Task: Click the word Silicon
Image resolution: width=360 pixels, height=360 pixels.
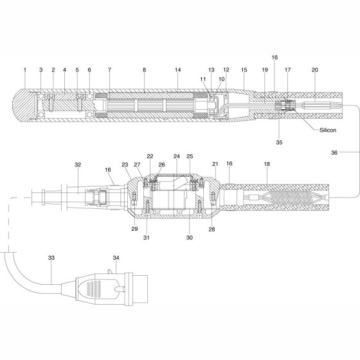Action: (328, 130)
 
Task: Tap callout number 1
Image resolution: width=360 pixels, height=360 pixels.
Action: (25, 70)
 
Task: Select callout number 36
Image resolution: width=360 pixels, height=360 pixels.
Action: (334, 152)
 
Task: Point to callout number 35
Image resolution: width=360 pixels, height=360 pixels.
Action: (279, 142)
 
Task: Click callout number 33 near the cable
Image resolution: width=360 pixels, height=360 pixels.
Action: (51, 258)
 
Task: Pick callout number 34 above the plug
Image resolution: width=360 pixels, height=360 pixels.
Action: (116, 258)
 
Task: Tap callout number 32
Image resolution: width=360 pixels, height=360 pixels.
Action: (78, 165)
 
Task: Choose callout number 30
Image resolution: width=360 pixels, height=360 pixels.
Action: (190, 238)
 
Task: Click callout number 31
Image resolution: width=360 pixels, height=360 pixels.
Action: (147, 238)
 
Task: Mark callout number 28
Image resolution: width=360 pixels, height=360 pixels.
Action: (212, 229)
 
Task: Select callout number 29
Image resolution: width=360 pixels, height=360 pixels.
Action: (135, 229)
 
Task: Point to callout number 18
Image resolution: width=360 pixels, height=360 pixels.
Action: (267, 164)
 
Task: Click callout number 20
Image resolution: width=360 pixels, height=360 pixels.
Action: (315, 70)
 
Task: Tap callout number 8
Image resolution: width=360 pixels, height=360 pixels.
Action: (144, 70)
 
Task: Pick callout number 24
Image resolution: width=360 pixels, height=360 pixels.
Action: (177, 156)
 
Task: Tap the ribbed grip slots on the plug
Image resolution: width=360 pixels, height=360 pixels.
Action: (94, 289)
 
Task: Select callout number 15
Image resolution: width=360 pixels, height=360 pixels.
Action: (244, 70)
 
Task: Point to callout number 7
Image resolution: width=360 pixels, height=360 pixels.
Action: (109, 70)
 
